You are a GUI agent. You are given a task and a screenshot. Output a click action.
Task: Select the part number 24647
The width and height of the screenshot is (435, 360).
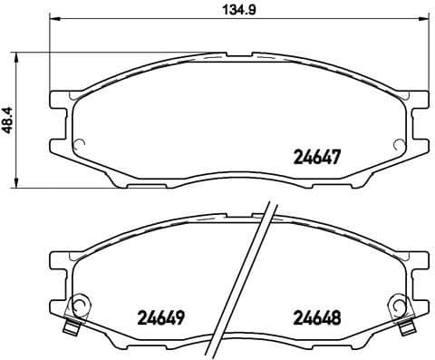[x=314, y=156]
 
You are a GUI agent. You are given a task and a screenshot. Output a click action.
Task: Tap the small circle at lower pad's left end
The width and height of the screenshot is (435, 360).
[x=79, y=306]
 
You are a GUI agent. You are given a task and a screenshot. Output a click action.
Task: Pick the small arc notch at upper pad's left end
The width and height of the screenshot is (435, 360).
[x=78, y=143]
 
